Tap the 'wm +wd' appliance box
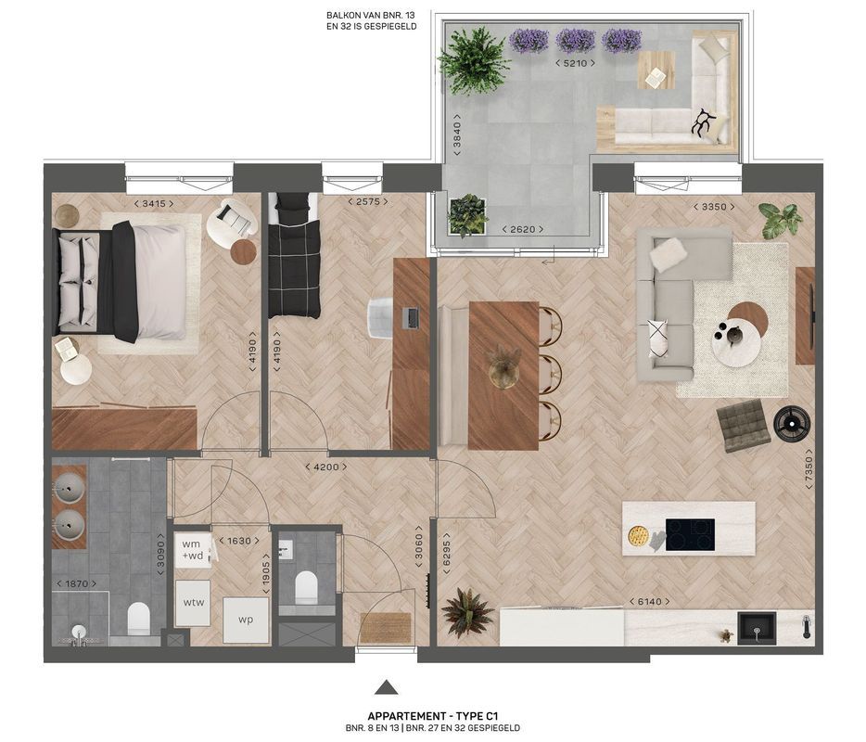point(192,550)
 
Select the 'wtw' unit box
point(194,602)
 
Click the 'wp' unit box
point(245,620)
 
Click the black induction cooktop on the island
point(690,534)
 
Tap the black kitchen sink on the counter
point(758,628)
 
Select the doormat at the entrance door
point(385,627)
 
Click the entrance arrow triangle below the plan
point(387,687)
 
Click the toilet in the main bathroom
point(138,616)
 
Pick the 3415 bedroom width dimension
point(153,203)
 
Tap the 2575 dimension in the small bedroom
point(365,201)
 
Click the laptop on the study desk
point(410,316)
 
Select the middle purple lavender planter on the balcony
point(575,40)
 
